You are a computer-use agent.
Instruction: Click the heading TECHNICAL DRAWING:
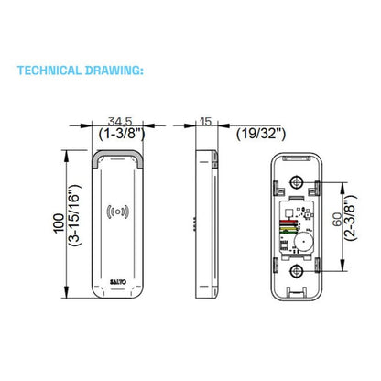[81, 71]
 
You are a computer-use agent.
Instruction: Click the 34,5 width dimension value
[120, 122]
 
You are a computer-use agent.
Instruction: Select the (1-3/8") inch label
[122, 134]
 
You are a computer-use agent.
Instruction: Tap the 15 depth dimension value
[206, 122]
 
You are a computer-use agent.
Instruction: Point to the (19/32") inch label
[261, 134]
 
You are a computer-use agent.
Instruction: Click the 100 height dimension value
[60, 223]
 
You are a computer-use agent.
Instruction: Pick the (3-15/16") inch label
[75, 215]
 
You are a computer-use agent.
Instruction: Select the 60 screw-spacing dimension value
[337, 220]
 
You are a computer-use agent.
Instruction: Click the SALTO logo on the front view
[118, 282]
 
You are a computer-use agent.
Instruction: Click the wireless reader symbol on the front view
[117, 212]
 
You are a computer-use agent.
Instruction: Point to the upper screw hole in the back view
[296, 182]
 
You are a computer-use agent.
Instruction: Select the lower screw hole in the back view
[296, 271]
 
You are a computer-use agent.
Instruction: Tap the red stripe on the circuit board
[288, 221]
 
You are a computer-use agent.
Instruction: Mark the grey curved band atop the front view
[117, 155]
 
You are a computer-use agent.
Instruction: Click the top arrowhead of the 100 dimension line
[66, 157]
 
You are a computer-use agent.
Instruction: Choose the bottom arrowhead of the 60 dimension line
[343, 265]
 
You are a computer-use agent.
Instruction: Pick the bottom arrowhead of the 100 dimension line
[66, 291]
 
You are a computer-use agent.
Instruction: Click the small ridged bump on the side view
[194, 223]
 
